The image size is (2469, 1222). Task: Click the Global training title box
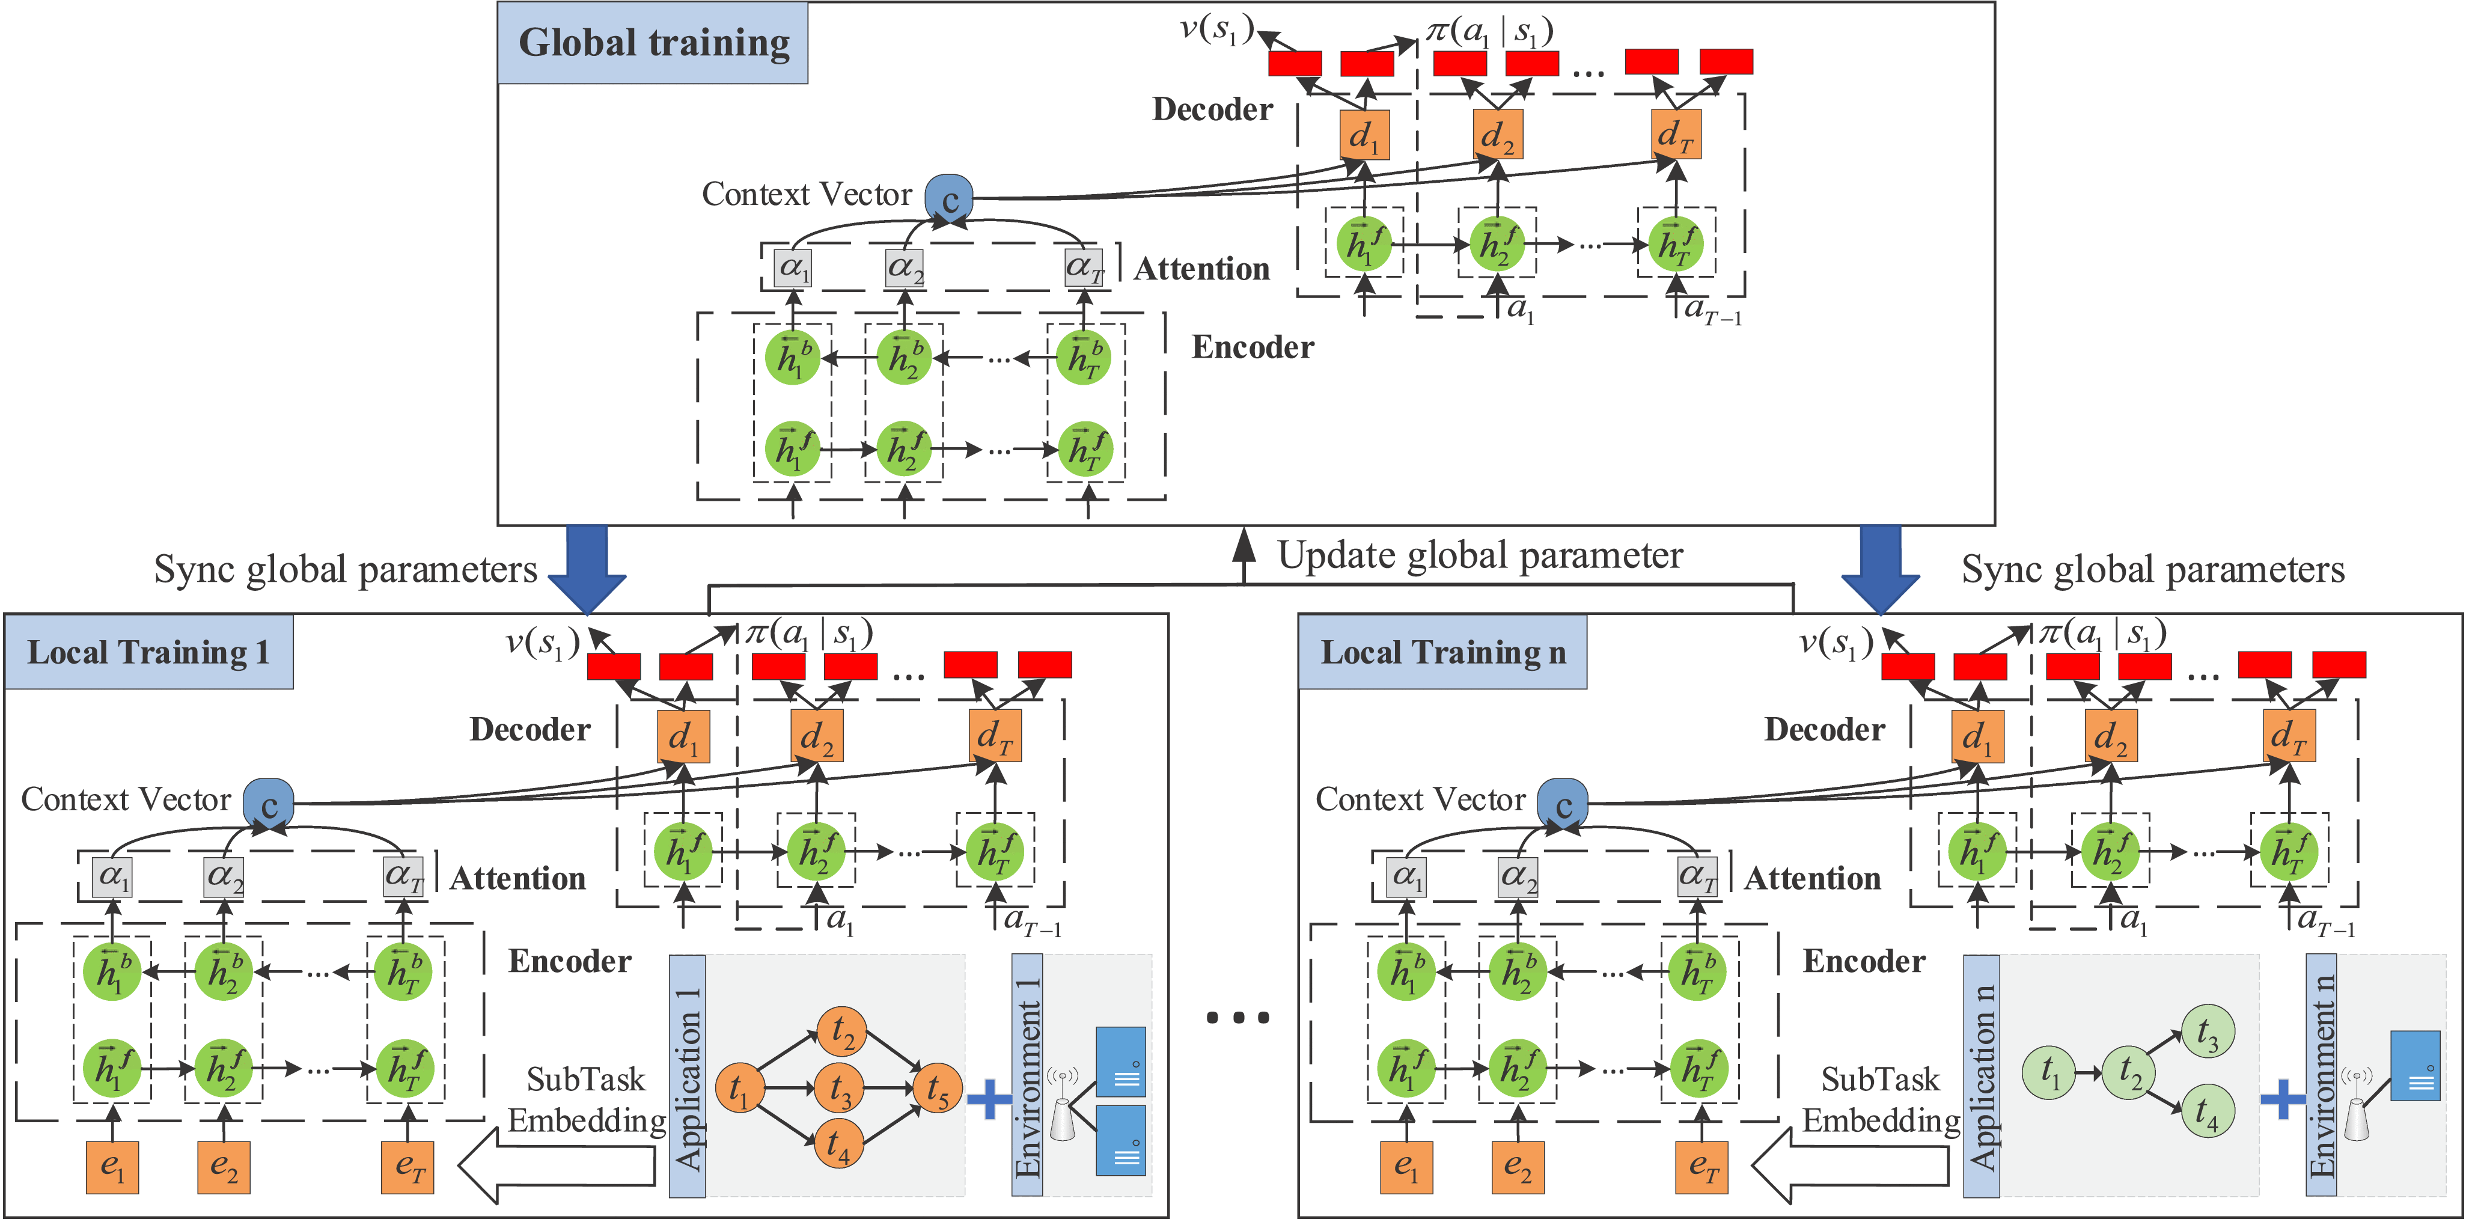point(653,43)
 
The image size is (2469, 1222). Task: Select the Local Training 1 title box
point(148,653)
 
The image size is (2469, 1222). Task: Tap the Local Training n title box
point(1442,653)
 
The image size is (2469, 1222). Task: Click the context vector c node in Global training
point(949,198)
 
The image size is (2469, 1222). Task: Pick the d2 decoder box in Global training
point(1497,135)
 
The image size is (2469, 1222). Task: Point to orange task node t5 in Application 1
point(936,1089)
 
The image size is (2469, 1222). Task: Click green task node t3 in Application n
point(2208,1033)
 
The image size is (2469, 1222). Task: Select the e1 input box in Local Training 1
point(112,1167)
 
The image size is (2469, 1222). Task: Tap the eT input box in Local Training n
point(1701,1167)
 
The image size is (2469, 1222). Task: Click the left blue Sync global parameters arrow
point(588,567)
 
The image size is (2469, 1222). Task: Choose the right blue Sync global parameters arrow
point(1881,567)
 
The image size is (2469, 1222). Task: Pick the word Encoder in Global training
point(1252,347)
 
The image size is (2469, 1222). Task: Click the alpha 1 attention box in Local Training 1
point(113,876)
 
